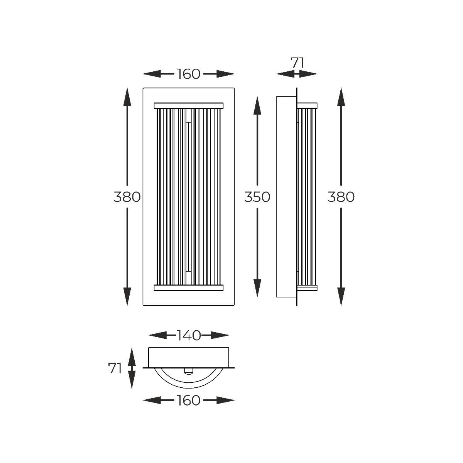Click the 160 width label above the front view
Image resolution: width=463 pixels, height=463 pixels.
point(189,74)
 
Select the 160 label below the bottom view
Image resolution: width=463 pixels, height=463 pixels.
point(189,400)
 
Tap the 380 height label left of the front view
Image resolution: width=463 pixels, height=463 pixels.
point(127,197)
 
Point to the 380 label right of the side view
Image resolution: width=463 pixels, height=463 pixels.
point(341,197)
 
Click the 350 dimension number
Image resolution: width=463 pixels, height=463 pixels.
point(257,197)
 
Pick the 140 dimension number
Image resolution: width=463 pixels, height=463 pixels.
point(189,335)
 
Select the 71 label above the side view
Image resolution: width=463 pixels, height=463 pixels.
point(297,63)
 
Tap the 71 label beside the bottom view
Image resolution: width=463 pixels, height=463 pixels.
point(115,368)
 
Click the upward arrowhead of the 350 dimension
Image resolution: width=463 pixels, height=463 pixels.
point(257,106)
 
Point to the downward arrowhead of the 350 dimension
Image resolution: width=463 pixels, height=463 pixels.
point(257,288)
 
